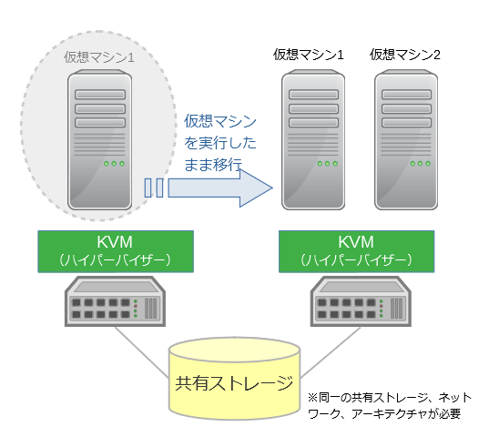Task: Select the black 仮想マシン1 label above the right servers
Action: [308, 55]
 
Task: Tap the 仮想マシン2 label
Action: [405, 55]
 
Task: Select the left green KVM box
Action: [116, 251]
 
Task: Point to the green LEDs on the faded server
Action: [114, 164]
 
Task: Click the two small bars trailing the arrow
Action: [154, 188]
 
